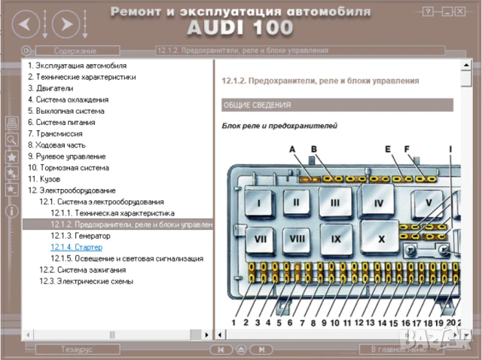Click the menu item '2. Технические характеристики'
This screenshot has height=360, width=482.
tap(81, 77)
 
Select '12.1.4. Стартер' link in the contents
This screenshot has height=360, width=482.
tap(76, 247)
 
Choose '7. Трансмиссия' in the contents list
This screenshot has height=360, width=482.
tap(55, 133)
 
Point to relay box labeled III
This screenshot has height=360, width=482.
tap(335, 203)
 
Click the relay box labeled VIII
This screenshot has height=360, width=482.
tap(297, 239)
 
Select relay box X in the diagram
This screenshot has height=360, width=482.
tap(381, 239)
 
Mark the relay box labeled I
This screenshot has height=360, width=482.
tap(258, 203)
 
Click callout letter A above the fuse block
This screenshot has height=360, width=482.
tap(292, 150)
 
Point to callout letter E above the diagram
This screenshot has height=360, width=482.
tap(388, 150)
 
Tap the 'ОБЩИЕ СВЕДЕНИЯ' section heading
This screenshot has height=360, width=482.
tap(257, 105)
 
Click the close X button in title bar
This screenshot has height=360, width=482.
tap(464, 11)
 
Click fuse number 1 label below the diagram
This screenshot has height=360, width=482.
tap(233, 322)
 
